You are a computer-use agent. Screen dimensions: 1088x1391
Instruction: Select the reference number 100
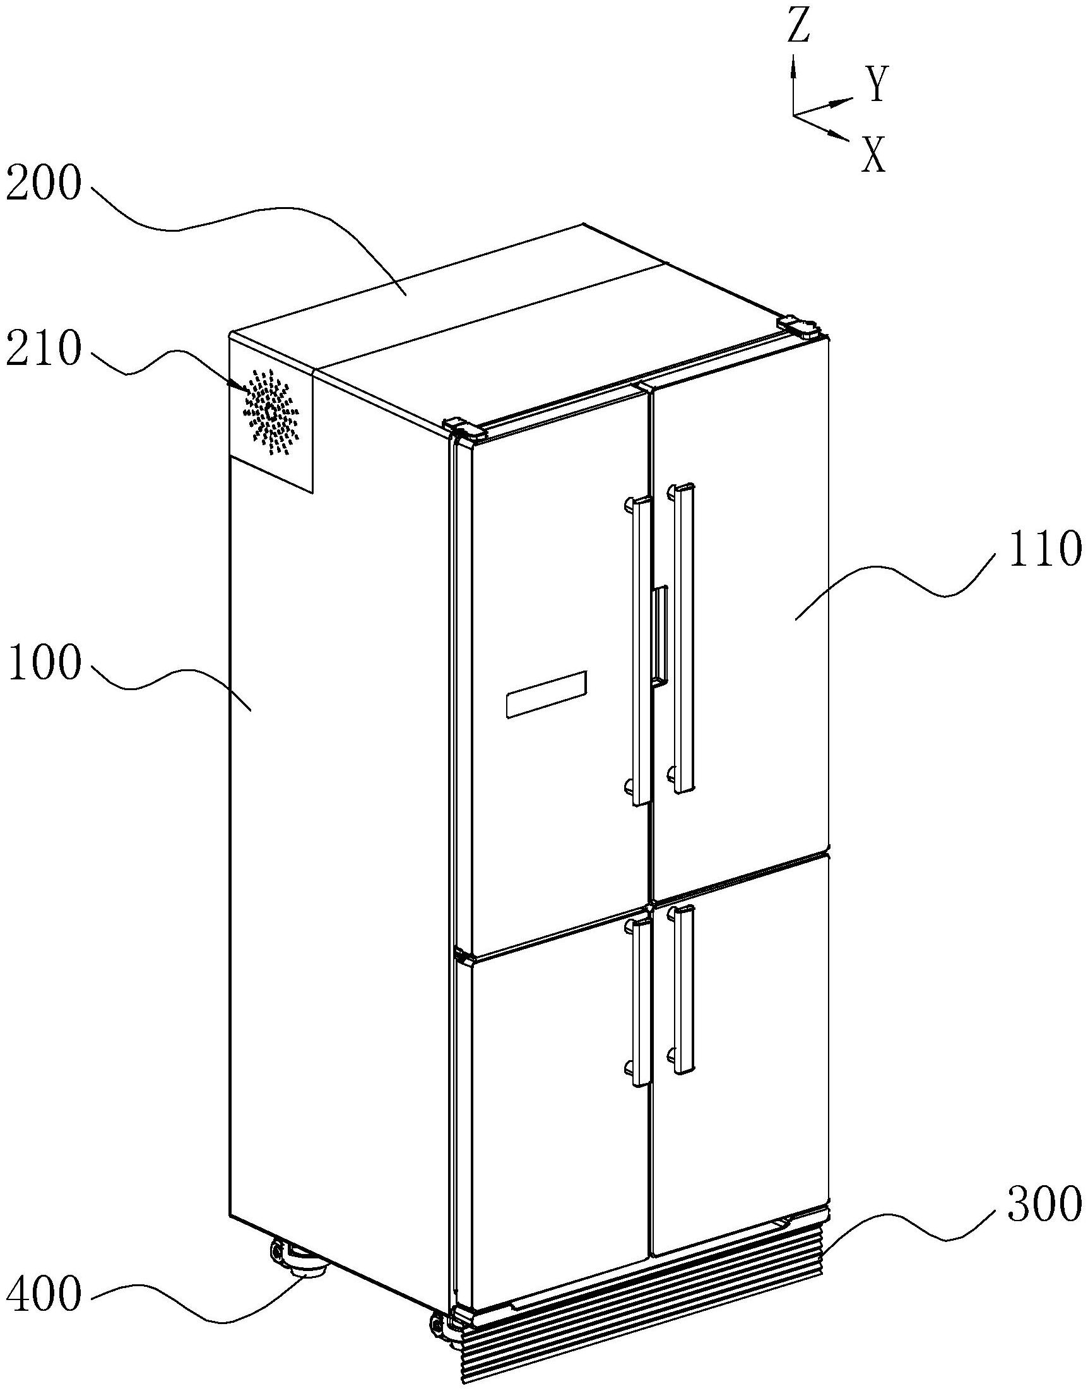click(44, 664)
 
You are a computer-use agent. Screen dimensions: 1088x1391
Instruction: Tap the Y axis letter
click(877, 85)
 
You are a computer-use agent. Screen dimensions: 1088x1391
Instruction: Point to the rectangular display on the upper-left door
click(545, 695)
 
